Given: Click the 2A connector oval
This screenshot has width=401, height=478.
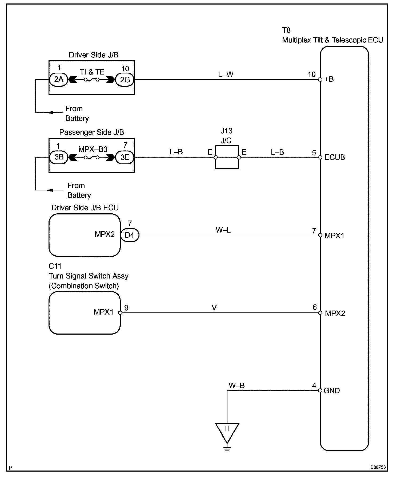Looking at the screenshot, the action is tap(59, 79).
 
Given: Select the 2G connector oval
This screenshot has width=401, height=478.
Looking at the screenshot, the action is tap(125, 79).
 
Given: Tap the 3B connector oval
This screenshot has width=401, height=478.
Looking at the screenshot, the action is tap(59, 157).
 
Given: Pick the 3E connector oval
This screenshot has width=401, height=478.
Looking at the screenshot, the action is tap(125, 157).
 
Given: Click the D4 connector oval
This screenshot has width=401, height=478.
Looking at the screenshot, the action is tap(130, 235).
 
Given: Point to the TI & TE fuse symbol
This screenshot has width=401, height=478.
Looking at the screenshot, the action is tap(92, 79).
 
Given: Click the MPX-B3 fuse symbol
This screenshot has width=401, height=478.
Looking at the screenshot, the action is tap(92, 157).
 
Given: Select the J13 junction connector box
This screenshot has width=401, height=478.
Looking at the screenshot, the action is tap(227, 157).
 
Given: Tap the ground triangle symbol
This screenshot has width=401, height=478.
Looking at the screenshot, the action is tap(227, 433).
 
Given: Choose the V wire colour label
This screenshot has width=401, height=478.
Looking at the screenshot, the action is tap(214, 308).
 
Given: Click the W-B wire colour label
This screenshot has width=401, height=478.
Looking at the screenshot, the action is tap(236, 385).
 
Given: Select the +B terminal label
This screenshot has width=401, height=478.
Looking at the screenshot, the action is tap(329, 79).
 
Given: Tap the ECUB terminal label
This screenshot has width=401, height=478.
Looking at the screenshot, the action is tap(335, 157).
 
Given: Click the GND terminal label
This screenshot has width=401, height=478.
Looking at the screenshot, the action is tap(332, 391).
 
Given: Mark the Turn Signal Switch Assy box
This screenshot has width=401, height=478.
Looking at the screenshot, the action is tap(85, 313).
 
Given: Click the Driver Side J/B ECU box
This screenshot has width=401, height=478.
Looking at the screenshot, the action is tap(85, 235).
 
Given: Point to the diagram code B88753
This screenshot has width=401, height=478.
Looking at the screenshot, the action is tap(378, 467).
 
